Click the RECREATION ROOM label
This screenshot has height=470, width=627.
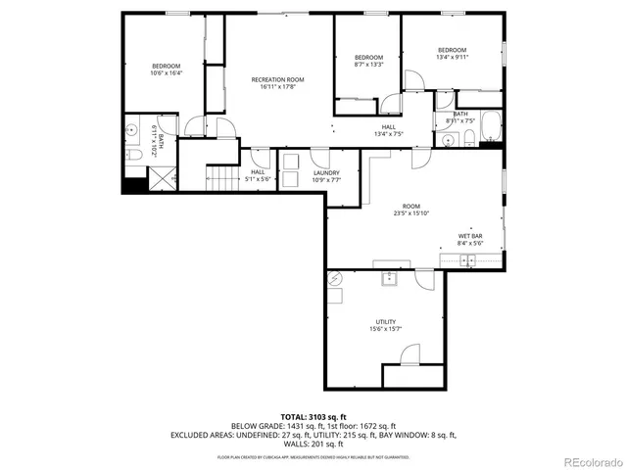tap(277, 79)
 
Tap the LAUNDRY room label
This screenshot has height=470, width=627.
tap(326, 172)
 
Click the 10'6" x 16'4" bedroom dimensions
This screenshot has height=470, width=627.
tap(166, 73)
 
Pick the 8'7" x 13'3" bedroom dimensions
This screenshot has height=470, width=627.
tap(367, 65)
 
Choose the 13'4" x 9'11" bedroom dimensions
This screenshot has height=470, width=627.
tap(452, 58)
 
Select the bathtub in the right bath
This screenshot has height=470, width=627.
tap(491, 127)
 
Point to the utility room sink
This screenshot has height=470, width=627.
tap(389, 278)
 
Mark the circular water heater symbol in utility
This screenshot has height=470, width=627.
tap(334, 278)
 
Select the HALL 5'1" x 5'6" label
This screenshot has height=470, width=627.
tap(258, 175)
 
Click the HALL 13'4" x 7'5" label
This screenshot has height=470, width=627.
tap(389, 131)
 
